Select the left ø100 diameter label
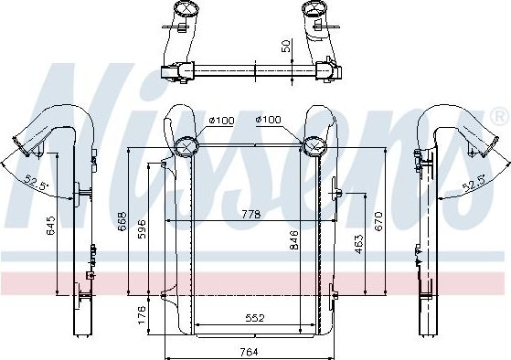219,121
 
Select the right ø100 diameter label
268,121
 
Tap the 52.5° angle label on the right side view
474,185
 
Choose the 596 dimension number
142,228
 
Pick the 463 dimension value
360,245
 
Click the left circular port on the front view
187,146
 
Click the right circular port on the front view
316,146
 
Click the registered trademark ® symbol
499,117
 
